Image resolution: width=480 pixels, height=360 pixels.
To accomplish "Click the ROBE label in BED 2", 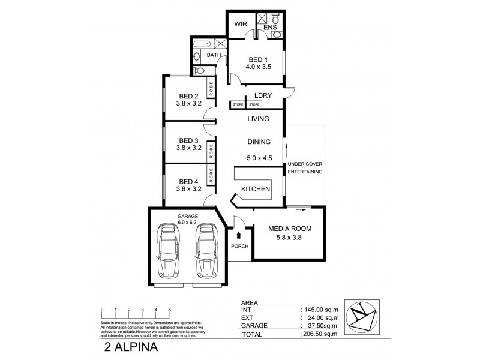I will tap(211, 89).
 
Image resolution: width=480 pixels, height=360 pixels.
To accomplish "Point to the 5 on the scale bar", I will tap(170, 310).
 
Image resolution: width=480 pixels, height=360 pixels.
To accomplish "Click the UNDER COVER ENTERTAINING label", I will tap(305, 167).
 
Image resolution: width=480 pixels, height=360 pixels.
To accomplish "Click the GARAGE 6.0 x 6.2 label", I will tap(187, 218).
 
